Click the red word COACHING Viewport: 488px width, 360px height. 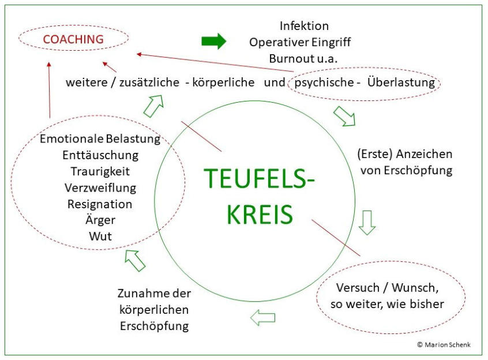(x=73, y=39)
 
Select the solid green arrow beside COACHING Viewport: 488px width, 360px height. (x=213, y=42)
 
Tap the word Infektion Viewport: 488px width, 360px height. (x=304, y=26)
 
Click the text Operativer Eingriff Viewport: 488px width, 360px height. (x=299, y=42)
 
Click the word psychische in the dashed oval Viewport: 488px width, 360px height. (x=323, y=82)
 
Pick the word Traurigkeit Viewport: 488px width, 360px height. (x=100, y=171)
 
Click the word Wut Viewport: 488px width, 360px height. (x=100, y=236)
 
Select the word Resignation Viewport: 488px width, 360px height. (x=100, y=204)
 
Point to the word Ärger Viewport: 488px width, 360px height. (x=100, y=220)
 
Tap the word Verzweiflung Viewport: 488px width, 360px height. (x=100, y=187)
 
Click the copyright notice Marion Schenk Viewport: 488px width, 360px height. (x=444, y=344)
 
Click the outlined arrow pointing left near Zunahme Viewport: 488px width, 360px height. (x=262, y=317)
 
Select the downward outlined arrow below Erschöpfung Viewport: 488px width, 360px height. (x=367, y=222)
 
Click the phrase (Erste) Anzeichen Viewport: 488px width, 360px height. (x=405, y=155)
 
